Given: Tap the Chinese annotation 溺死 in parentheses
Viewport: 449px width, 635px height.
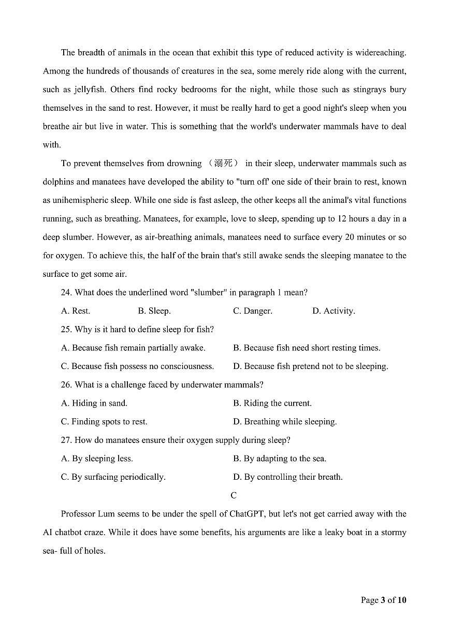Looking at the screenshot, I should pos(223,164).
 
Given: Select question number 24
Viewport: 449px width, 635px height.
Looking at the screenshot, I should pos(66,292).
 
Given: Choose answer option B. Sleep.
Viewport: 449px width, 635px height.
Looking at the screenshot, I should pos(154,311).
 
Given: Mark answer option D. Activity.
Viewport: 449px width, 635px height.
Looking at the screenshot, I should pos(334,311).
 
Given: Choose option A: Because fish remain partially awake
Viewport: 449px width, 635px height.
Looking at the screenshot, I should pos(133,348).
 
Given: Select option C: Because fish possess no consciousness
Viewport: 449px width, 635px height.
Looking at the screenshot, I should pos(137,366).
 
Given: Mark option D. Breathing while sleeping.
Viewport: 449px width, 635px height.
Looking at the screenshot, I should pos(285,422).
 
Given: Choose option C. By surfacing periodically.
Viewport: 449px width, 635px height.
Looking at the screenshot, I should pos(113,477).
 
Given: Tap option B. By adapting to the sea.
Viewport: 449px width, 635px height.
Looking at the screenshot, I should pos(280,459).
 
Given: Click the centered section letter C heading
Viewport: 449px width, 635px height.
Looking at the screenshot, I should pos(234,495).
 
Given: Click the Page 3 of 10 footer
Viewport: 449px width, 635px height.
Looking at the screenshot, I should pos(383,600).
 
